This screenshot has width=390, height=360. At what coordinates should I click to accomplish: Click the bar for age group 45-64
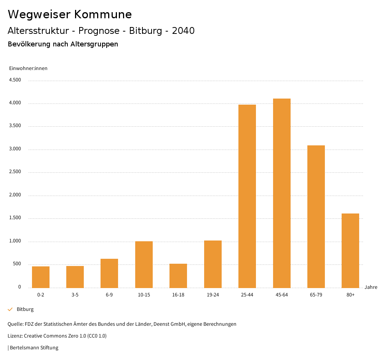(x=281, y=193)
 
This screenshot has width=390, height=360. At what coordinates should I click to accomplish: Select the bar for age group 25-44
(x=247, y=196)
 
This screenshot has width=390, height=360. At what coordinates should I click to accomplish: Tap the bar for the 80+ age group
(x=350, y=250)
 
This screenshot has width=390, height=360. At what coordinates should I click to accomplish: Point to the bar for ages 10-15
(x=144, y=264)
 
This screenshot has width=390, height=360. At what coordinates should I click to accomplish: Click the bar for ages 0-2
(x=41, y=277)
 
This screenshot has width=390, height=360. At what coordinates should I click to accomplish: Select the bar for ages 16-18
(x=178, y=276)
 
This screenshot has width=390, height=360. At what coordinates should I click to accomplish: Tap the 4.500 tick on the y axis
(x=15, y=80)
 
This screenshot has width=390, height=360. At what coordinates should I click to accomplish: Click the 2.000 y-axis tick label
(x=15, y=195)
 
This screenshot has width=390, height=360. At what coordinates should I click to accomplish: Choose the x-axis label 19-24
(x=213, y=295)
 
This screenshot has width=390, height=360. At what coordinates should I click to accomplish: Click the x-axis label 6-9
(x=109, y=295)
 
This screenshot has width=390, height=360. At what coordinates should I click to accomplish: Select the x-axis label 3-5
(x=75, y=295)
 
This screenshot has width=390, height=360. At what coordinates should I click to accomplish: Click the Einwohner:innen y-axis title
(x=28, y=68)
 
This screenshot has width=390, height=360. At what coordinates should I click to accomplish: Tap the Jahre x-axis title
(x=371, y=287)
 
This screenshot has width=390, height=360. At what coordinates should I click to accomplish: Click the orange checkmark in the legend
(x=10, y=309)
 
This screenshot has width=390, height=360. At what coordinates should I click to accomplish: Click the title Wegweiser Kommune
(x=70, y=14)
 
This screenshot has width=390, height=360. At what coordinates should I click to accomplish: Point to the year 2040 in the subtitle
(x=183, y=31)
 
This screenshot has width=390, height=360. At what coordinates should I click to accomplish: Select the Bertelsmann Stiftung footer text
(x=34, y=348)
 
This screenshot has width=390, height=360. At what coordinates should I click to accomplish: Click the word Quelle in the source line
(x=15, y=324)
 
